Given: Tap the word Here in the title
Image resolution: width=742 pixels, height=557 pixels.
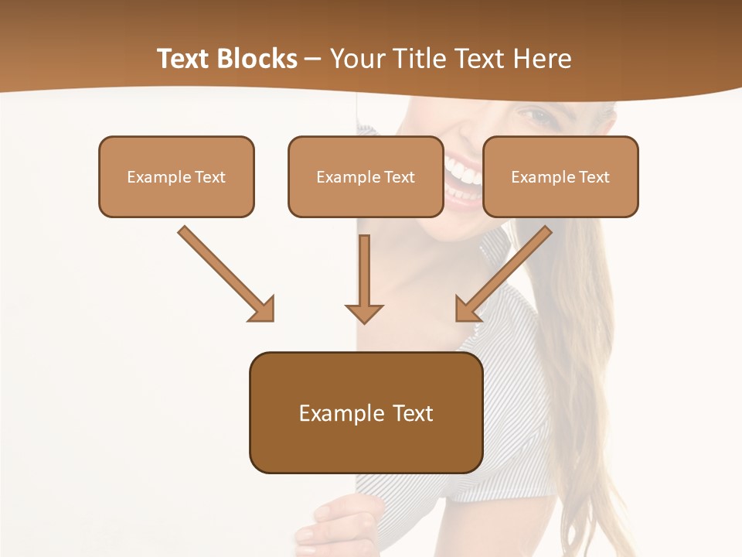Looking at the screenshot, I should pos(543,59).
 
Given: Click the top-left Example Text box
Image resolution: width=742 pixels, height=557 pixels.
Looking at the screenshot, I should pos(176,176).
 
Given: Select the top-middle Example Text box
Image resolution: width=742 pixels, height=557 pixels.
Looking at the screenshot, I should pos(366,176).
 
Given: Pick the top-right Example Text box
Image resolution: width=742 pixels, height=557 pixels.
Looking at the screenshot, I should pos(560,176).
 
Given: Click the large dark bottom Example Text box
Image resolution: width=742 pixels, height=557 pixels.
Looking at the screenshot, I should pos(366,413).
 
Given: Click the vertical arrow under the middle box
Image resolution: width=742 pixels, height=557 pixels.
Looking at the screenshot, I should pos(364,278).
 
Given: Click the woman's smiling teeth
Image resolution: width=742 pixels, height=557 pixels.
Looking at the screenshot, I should pos(462,172).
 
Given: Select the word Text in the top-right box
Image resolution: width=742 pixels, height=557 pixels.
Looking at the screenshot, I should pos(594,176).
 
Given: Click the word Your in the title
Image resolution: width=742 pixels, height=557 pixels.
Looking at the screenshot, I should pos(356,59).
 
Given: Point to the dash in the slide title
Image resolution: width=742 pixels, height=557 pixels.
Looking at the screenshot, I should pos(313,59).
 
